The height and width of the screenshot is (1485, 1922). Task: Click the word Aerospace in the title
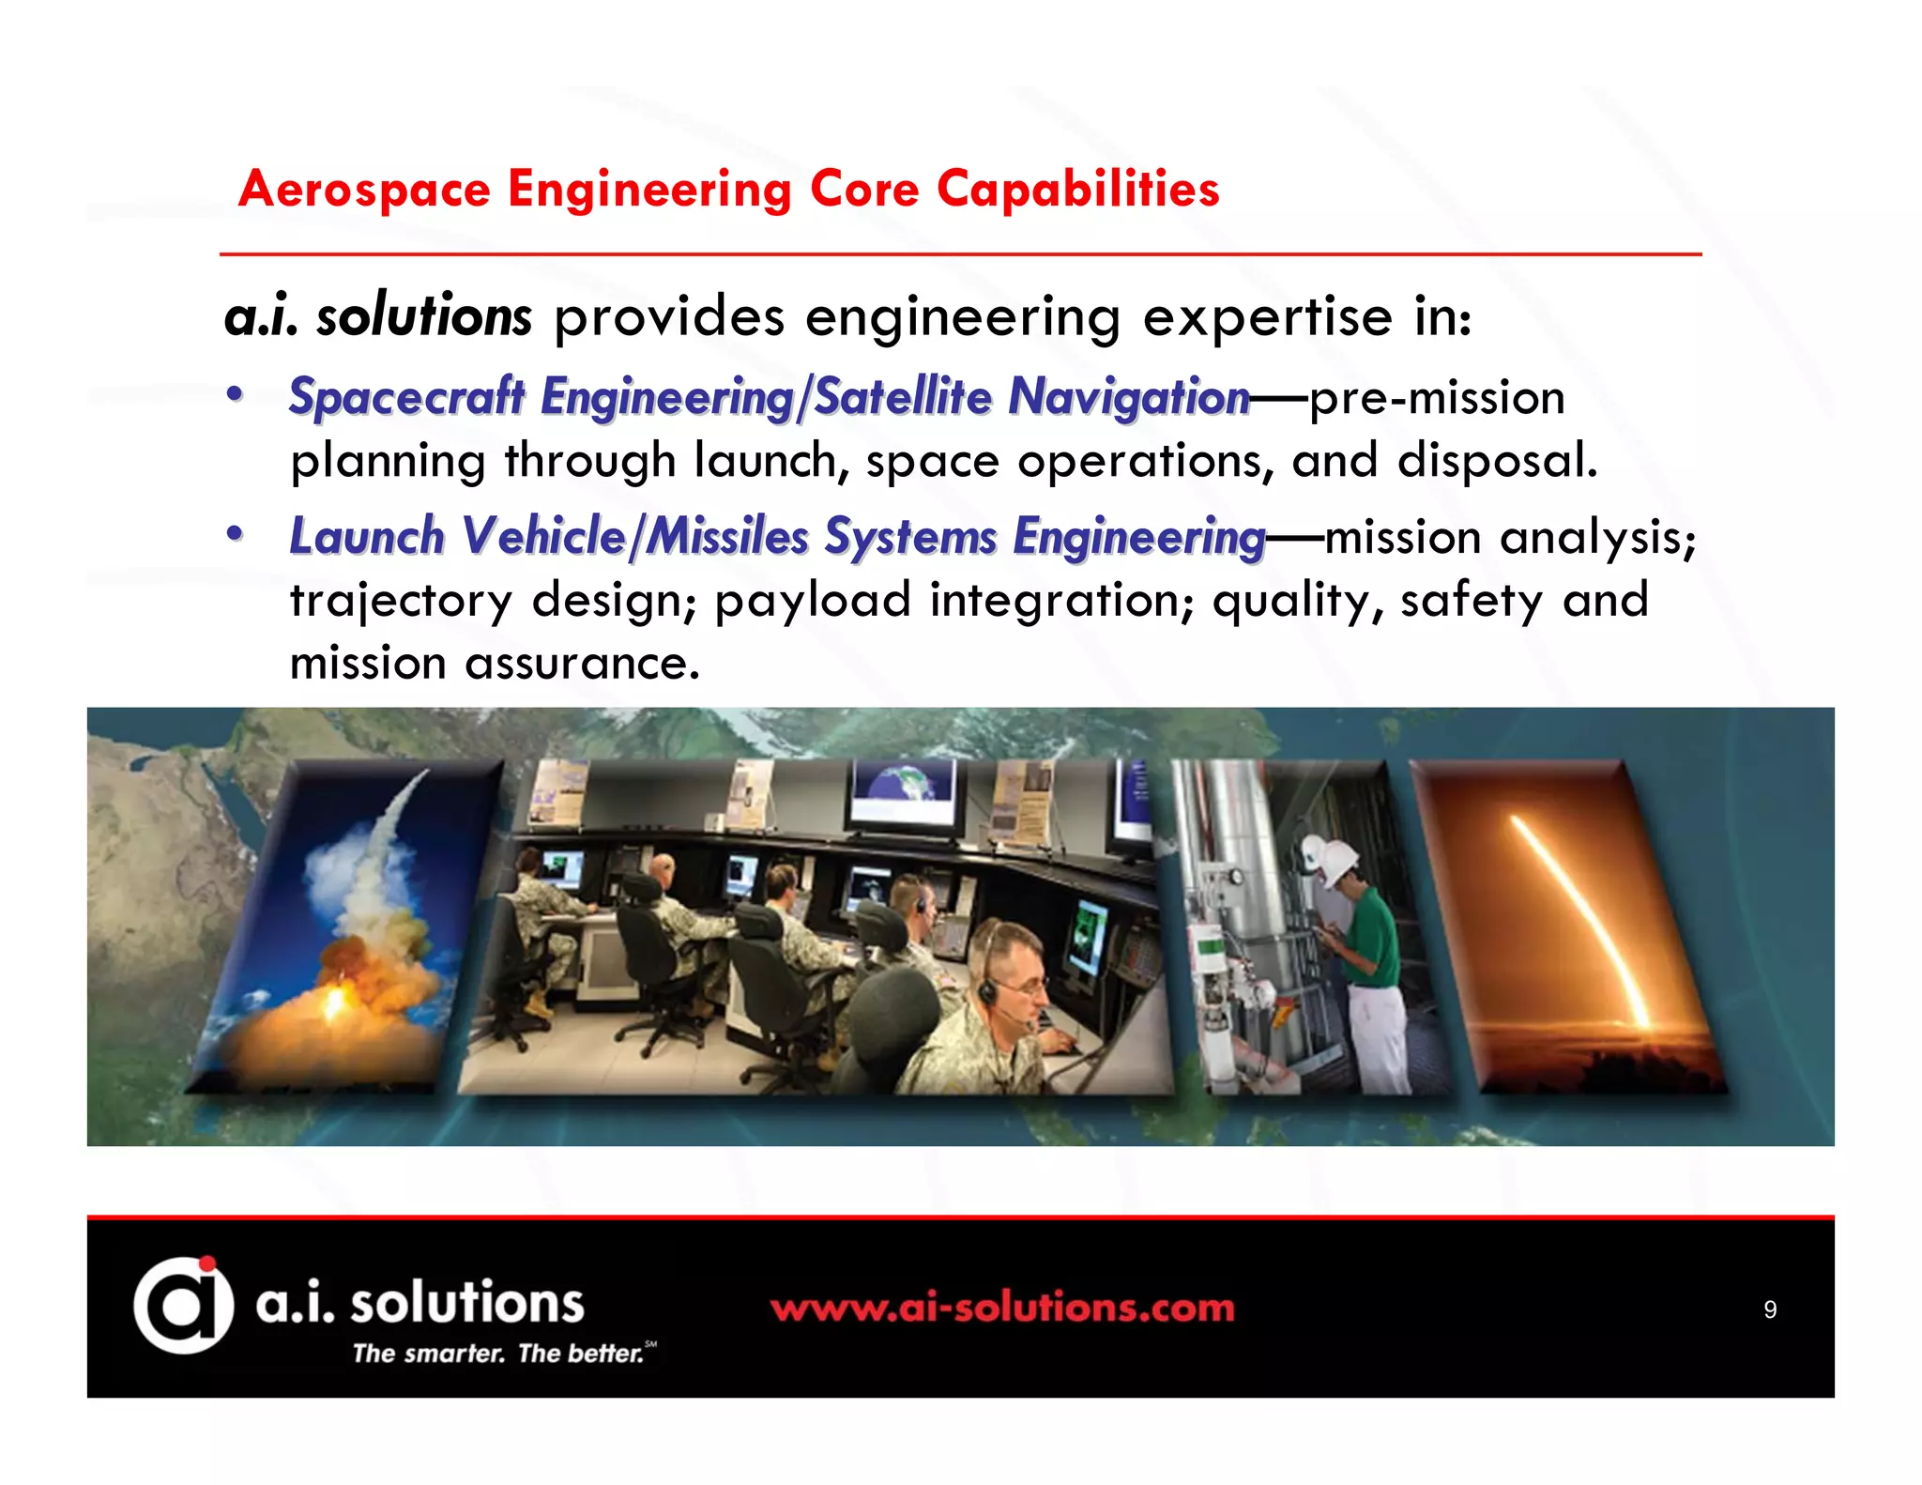coord(364,190)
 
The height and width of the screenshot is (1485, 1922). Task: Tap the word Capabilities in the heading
coord(1077,190)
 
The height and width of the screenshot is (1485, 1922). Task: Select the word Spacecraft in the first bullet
coord(406,397)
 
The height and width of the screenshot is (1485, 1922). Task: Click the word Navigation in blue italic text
coord(1128,397)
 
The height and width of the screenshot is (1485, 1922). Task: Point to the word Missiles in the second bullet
coord(728,537)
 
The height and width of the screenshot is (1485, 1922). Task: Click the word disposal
coord(1496,461)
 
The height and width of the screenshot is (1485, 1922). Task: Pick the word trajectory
coord(401,601)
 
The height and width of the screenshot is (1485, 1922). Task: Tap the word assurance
coord(582,664)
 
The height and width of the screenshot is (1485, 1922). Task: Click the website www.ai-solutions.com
coord(1002,1308)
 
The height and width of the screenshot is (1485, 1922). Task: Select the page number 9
coord(1769,1309)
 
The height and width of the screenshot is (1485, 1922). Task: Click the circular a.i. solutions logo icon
coord(183,1305)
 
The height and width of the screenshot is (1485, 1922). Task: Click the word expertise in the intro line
coord(1267,316)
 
